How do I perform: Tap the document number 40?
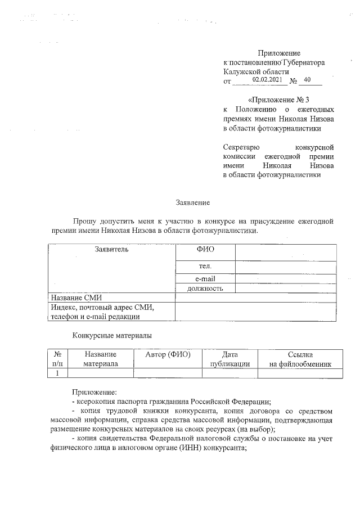(x=307, y=80)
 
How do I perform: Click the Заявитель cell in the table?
(x=111, y=249)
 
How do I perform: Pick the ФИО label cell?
(x=205, y=249)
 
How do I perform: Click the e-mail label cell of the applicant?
(x=205, y=278)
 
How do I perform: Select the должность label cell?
(x=205, y=289)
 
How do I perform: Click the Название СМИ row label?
(x=76, y=298)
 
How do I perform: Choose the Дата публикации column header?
(x=229, y=359)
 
